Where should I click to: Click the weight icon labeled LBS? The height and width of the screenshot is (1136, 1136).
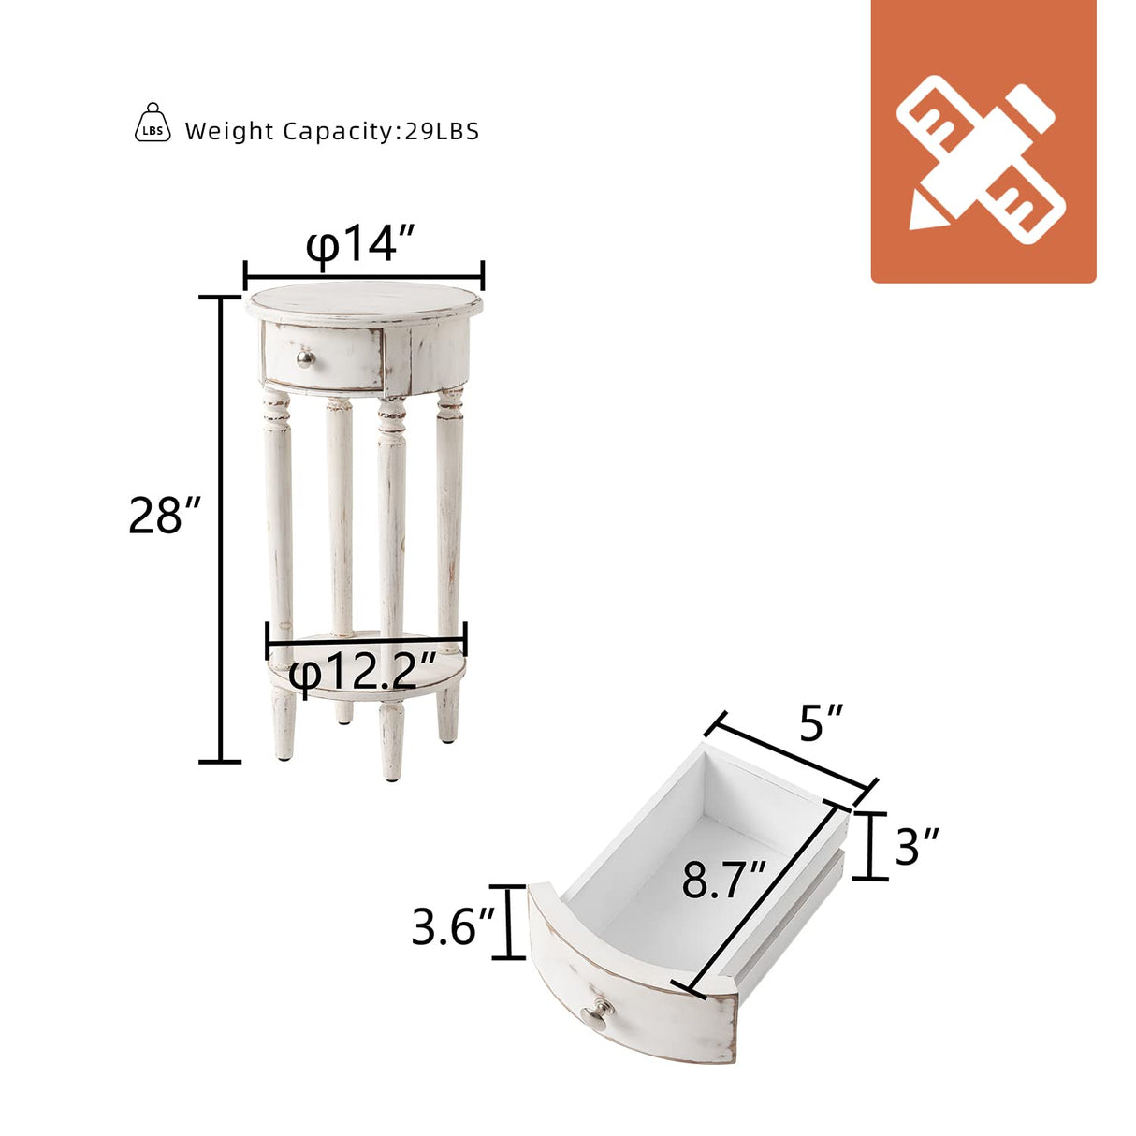(x=153, y=123)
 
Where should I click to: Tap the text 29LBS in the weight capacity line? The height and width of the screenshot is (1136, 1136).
(x=442, y=131)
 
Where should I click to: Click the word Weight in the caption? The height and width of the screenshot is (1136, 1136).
(x=230, y=132)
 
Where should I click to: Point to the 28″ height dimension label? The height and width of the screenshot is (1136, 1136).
(x=165, y=516)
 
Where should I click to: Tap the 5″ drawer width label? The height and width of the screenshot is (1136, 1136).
(x=821, y=722)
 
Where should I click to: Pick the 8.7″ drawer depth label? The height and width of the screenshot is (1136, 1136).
(x=724, y=881)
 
